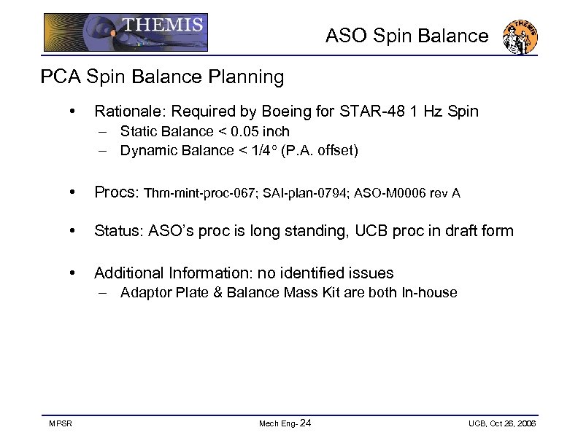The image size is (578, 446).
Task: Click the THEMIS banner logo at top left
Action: (126, 32)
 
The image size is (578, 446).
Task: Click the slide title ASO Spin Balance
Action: (406, 36)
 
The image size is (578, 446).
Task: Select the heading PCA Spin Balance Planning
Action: (162, 77)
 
